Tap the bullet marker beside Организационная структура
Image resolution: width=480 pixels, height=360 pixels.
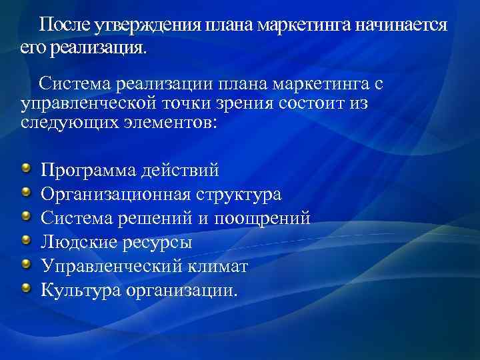coord(25,193)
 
